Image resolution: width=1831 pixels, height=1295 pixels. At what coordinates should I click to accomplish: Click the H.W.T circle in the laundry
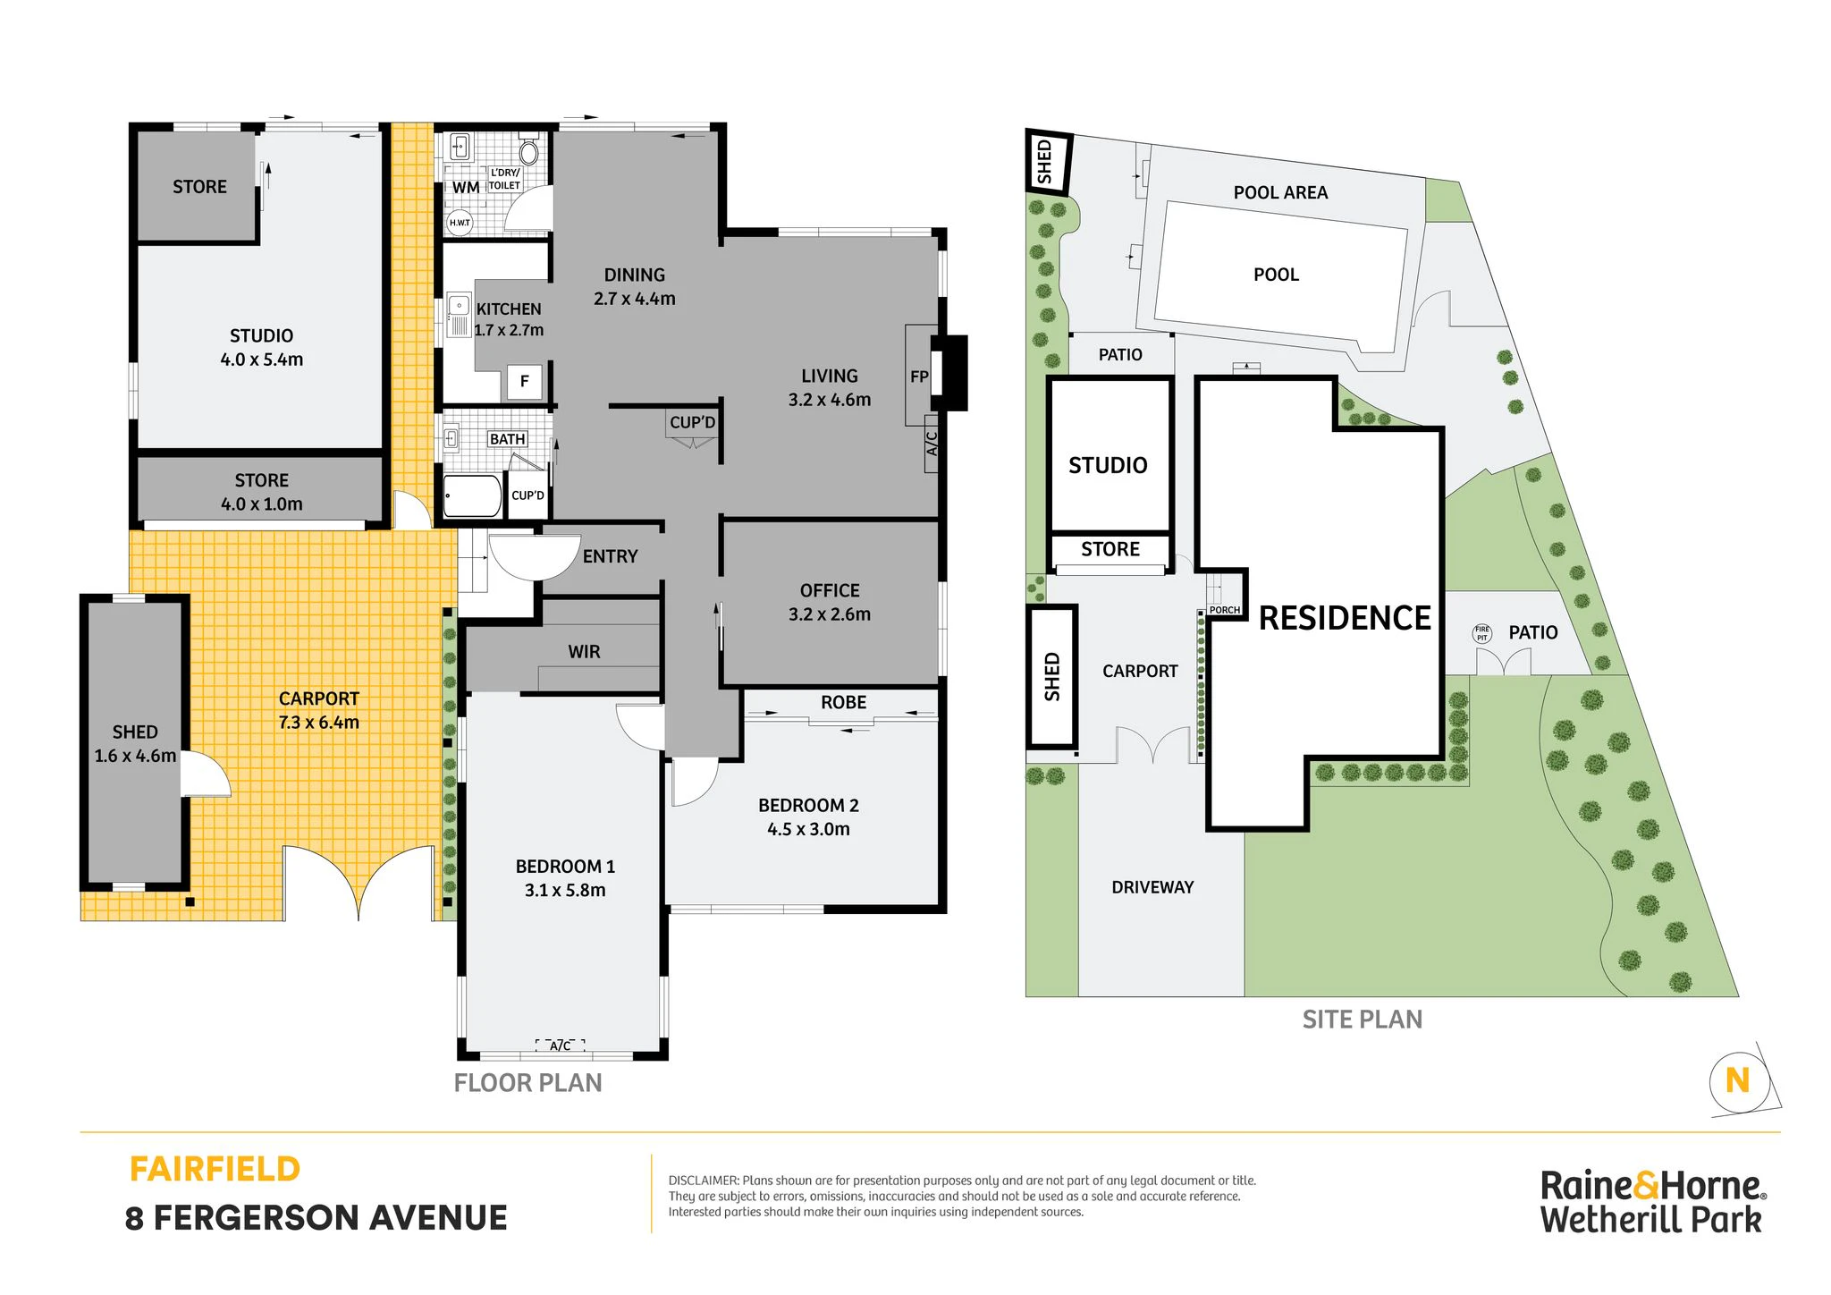[460, 223]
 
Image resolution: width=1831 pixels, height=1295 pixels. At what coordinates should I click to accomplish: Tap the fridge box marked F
[524, 382]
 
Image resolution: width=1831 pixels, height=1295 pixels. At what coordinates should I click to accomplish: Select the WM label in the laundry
[466, 188]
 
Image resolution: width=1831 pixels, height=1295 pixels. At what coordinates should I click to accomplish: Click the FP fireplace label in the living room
[919, 377]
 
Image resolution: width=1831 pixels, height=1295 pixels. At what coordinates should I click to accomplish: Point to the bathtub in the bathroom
[473, 496]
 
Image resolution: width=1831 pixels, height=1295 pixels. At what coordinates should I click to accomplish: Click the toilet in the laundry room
[528, 152]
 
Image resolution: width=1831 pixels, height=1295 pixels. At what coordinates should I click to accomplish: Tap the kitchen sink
[458, 316]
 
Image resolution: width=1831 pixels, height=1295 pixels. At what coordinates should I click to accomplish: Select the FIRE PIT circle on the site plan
[1482, 633]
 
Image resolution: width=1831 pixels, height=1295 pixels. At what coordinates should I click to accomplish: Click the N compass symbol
[1737, 1080]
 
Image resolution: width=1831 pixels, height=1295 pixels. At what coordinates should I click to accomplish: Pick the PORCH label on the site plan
[1224, 610]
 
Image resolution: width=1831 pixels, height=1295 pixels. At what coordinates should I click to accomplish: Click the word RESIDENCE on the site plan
[1345, 618]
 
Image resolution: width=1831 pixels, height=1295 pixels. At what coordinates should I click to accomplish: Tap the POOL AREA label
[1280, 192]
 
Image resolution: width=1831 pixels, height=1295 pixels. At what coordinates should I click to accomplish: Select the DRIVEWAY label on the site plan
[1152, 887]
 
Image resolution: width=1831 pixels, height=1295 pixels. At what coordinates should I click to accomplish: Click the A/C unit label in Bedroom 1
[560, 1045]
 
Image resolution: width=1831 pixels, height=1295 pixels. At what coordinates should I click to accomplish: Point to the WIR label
[584, 652]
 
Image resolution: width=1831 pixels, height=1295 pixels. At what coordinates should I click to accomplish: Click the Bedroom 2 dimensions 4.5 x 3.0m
[808, 829]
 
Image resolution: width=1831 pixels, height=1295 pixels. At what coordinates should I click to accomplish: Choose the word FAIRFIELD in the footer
[215, 1169]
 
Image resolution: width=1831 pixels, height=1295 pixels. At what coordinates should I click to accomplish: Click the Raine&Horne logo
[1651, 1203]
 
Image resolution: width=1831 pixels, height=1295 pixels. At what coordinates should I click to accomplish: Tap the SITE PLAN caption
[1362, 1020]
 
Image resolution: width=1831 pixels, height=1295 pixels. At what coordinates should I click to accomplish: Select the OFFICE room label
[830, 590]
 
